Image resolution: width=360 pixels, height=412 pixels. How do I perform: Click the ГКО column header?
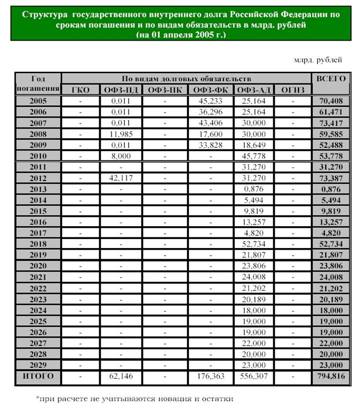click(x=80, y=89)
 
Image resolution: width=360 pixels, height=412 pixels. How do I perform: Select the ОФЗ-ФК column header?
click(x=211, y=89)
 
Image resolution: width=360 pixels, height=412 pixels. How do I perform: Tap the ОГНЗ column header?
click(x=292, y=89)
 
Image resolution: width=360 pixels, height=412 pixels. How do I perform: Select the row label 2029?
click(x=38, y=364)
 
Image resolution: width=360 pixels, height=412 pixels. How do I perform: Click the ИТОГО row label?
click(x=38, y=376)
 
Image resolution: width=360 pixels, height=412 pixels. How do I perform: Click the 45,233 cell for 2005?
click(x=211, y=101)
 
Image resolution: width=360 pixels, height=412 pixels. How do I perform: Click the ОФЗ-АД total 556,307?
click(x=253, y=377)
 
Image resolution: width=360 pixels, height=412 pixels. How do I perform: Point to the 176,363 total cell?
click(x=211, y=377)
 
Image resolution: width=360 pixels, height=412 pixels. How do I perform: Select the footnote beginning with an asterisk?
click(x=134, y=399)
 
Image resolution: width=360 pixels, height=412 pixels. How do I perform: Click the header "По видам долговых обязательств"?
click(x=187, y=78)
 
